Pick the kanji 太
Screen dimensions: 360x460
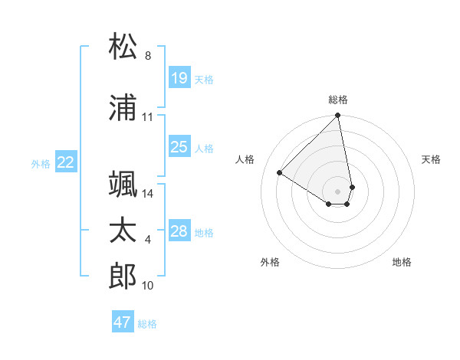[x=123, y=231]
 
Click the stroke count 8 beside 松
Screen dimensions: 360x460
[x=148, y=56]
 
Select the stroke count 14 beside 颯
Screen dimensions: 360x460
[x=148, y=194]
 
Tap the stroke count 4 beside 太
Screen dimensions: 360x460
[x=148, y=240]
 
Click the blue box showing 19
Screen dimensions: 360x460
[x=179, y=78]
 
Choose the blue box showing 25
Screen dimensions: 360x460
[x=179, y=147]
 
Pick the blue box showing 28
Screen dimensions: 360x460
[x=179, y=231]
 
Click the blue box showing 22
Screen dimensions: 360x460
[x=66, y=162]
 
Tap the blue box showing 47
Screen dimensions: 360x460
[x=123, y=322]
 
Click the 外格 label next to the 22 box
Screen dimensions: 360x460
[x=41, y=163]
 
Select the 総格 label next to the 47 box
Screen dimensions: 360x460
[x=147, y=324]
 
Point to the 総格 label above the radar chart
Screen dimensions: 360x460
[x=338, y=100]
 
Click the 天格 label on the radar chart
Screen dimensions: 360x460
[x=431, y=159]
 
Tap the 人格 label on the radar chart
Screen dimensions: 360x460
[x=245, y=159]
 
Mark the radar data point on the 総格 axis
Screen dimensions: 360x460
[x=338, y=116]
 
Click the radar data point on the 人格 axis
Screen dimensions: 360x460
[x=280, y=173]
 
